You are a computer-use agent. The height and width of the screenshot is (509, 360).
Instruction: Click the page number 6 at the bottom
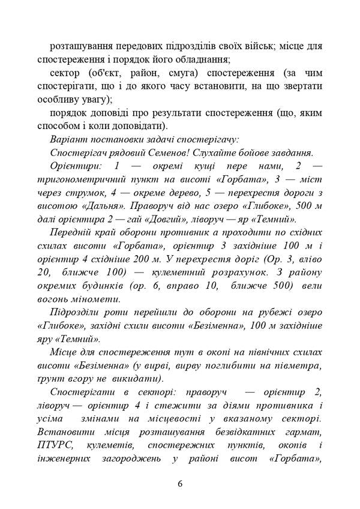(x=180, y=484)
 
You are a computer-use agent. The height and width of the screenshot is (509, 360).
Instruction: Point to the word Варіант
(x=70, y=139)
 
